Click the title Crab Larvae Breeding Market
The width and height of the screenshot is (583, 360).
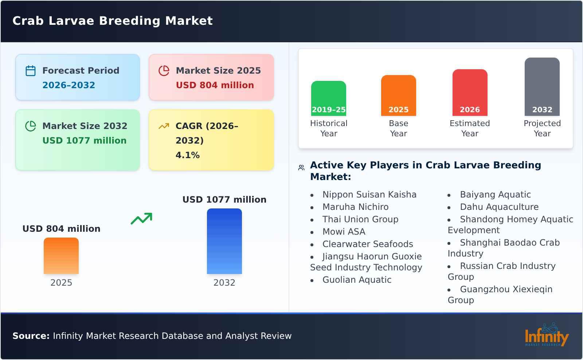(112, 21)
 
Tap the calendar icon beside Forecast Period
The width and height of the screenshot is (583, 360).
(31, 71)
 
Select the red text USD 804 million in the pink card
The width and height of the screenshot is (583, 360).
(215, 85)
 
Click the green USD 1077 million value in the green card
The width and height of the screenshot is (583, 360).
(84, 141)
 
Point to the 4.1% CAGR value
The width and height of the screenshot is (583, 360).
(187, 155)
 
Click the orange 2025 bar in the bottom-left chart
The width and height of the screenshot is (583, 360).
(61, 256)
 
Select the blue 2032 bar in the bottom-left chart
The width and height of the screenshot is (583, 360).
(224, 241)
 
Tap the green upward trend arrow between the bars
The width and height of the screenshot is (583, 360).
(141, 219)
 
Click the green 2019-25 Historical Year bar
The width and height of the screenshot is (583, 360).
(328, 98)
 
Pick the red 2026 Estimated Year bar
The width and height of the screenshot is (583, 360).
(470, 93)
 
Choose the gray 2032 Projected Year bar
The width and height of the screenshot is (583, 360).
(542, 87)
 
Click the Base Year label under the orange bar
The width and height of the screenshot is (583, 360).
(398, 128)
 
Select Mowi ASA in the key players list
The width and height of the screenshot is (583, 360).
(344, 232)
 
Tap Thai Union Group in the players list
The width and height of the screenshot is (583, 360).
(360, 219)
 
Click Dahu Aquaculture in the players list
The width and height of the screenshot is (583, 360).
(499, 207)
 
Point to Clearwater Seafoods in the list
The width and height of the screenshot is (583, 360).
(367, 244)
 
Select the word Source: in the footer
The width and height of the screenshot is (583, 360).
(31, 336)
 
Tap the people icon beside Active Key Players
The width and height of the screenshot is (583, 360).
(301, 168)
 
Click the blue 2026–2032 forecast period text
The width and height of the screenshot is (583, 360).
(69, 85)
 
